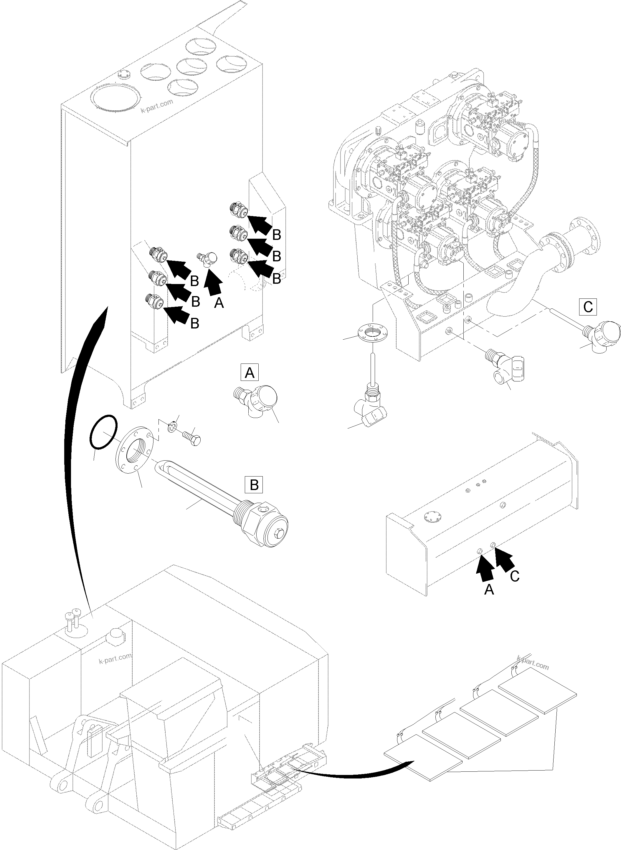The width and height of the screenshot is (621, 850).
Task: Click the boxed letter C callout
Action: pos(588,307)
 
